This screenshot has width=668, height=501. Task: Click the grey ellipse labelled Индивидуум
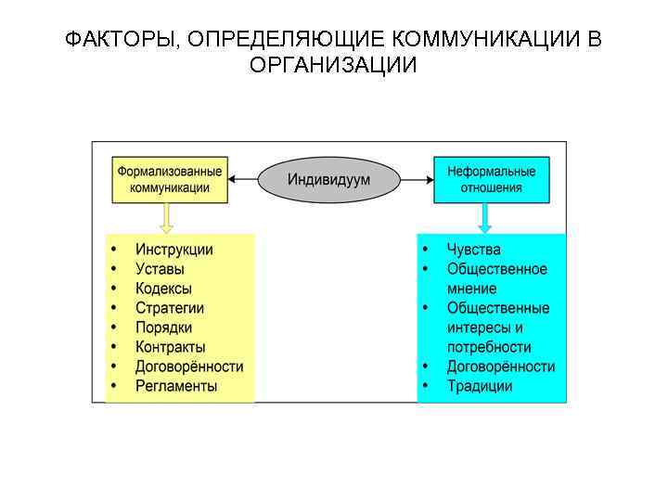click(328, 179)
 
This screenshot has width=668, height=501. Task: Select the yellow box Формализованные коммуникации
click(170, 179)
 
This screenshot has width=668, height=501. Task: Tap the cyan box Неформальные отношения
click(491, 179)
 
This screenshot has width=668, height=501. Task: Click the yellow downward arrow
click(167, 218)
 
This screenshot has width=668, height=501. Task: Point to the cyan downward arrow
click(485, 218)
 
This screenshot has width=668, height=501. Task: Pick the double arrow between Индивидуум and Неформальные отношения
click(417, 178)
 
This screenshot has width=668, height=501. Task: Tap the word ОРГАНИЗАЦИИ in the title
click(334, 66)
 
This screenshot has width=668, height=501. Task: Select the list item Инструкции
click(174, 250)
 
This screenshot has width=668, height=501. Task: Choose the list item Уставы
click(160, 269)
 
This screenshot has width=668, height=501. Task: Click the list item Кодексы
click(164, 289)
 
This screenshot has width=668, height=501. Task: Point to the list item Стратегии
click(170, 308)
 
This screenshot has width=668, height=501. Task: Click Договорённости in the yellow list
click(189, 366)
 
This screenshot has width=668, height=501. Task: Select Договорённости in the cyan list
click(501, 366)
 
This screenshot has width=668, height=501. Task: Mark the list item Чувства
click(473, 250)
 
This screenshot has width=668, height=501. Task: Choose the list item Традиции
click(480, 386)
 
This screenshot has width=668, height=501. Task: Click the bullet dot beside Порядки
click(114, 328)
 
